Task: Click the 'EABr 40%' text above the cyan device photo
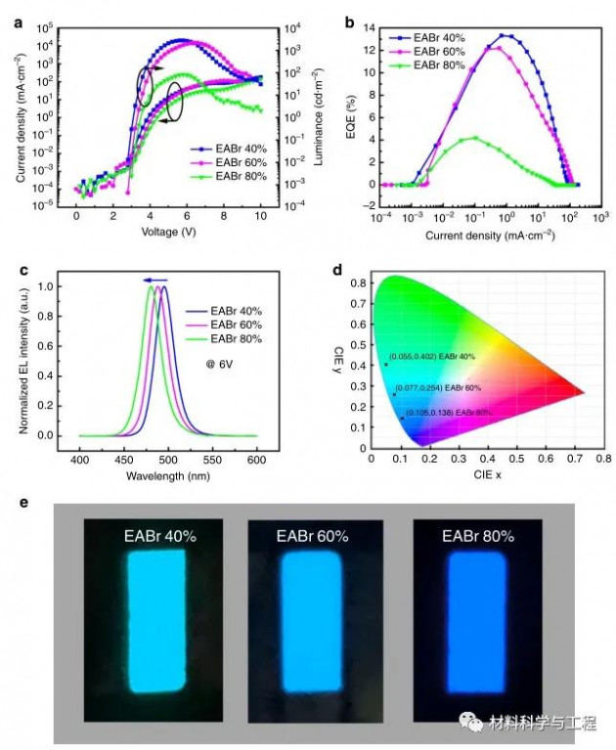coord(159,537)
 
